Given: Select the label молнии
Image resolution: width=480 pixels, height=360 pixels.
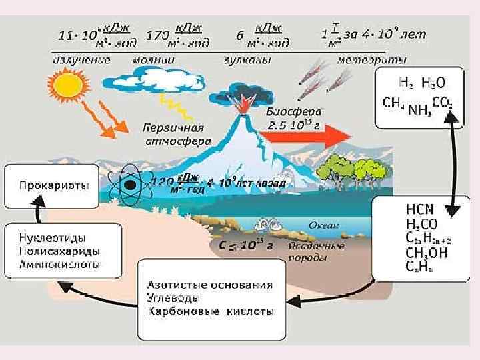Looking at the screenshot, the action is [x=154, y=59].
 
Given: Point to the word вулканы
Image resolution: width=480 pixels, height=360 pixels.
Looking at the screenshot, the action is [x=247, y=59].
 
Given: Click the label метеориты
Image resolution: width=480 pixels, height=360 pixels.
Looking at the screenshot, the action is [x=371, y=59].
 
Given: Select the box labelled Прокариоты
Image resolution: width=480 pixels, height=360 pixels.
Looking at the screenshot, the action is [x=54, y=187].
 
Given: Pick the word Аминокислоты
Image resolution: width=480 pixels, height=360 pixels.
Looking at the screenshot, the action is [x=60, y=264].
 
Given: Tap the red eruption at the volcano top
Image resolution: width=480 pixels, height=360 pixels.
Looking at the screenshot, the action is [x=244, y=102].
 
